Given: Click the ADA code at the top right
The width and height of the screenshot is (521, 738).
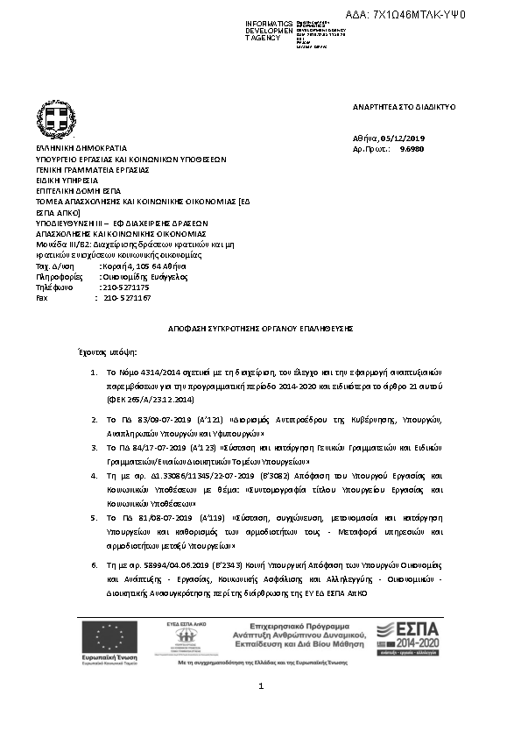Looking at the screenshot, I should [x=419, y=15].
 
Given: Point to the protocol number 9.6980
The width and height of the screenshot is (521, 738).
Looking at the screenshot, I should [x=412, y=150].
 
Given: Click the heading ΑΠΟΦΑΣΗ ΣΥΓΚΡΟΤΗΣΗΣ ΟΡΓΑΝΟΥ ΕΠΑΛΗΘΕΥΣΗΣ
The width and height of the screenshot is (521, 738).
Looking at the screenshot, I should [x=260, y=325].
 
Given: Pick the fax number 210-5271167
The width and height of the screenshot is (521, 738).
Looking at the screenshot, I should [x=127, y=298].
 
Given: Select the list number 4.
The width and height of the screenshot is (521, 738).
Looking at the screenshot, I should [x=95, y=474].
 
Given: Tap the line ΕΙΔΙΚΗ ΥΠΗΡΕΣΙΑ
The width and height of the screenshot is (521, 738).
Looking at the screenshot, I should [x=67, y=180].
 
